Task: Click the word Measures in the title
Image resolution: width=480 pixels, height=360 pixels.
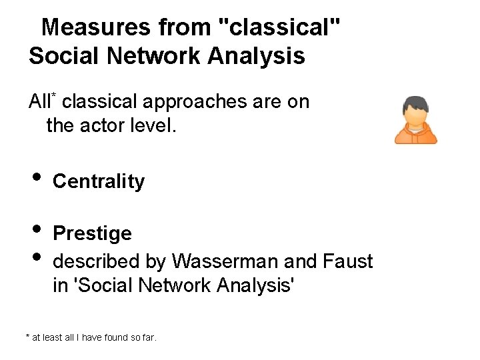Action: click(96, 27)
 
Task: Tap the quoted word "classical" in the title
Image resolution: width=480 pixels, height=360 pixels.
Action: click(280, 27)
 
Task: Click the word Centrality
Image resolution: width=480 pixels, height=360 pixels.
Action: click(99, 181)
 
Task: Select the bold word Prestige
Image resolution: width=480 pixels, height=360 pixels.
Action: click(92, 233)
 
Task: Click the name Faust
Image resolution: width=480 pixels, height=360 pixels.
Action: click(348, 261)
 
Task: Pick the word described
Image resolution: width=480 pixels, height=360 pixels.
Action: click(95, 261)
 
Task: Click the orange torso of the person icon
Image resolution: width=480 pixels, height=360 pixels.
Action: click(416, 135)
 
